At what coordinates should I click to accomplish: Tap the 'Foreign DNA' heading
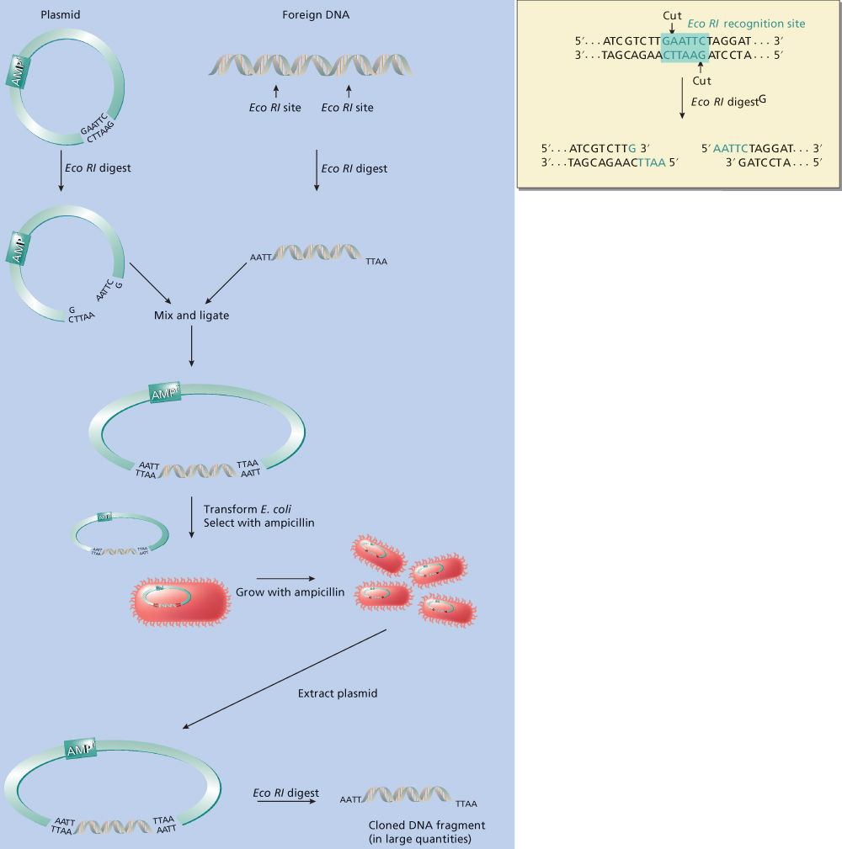click(311, 15)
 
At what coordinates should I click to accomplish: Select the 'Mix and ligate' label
click(192, 316)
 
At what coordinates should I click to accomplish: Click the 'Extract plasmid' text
click(338, 694)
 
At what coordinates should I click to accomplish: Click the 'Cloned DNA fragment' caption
click(427, 825)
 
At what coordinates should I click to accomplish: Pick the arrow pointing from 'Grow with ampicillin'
click(285, 578)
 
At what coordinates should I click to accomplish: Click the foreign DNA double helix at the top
click(312, 65)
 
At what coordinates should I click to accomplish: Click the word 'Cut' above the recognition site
click(672, 16)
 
